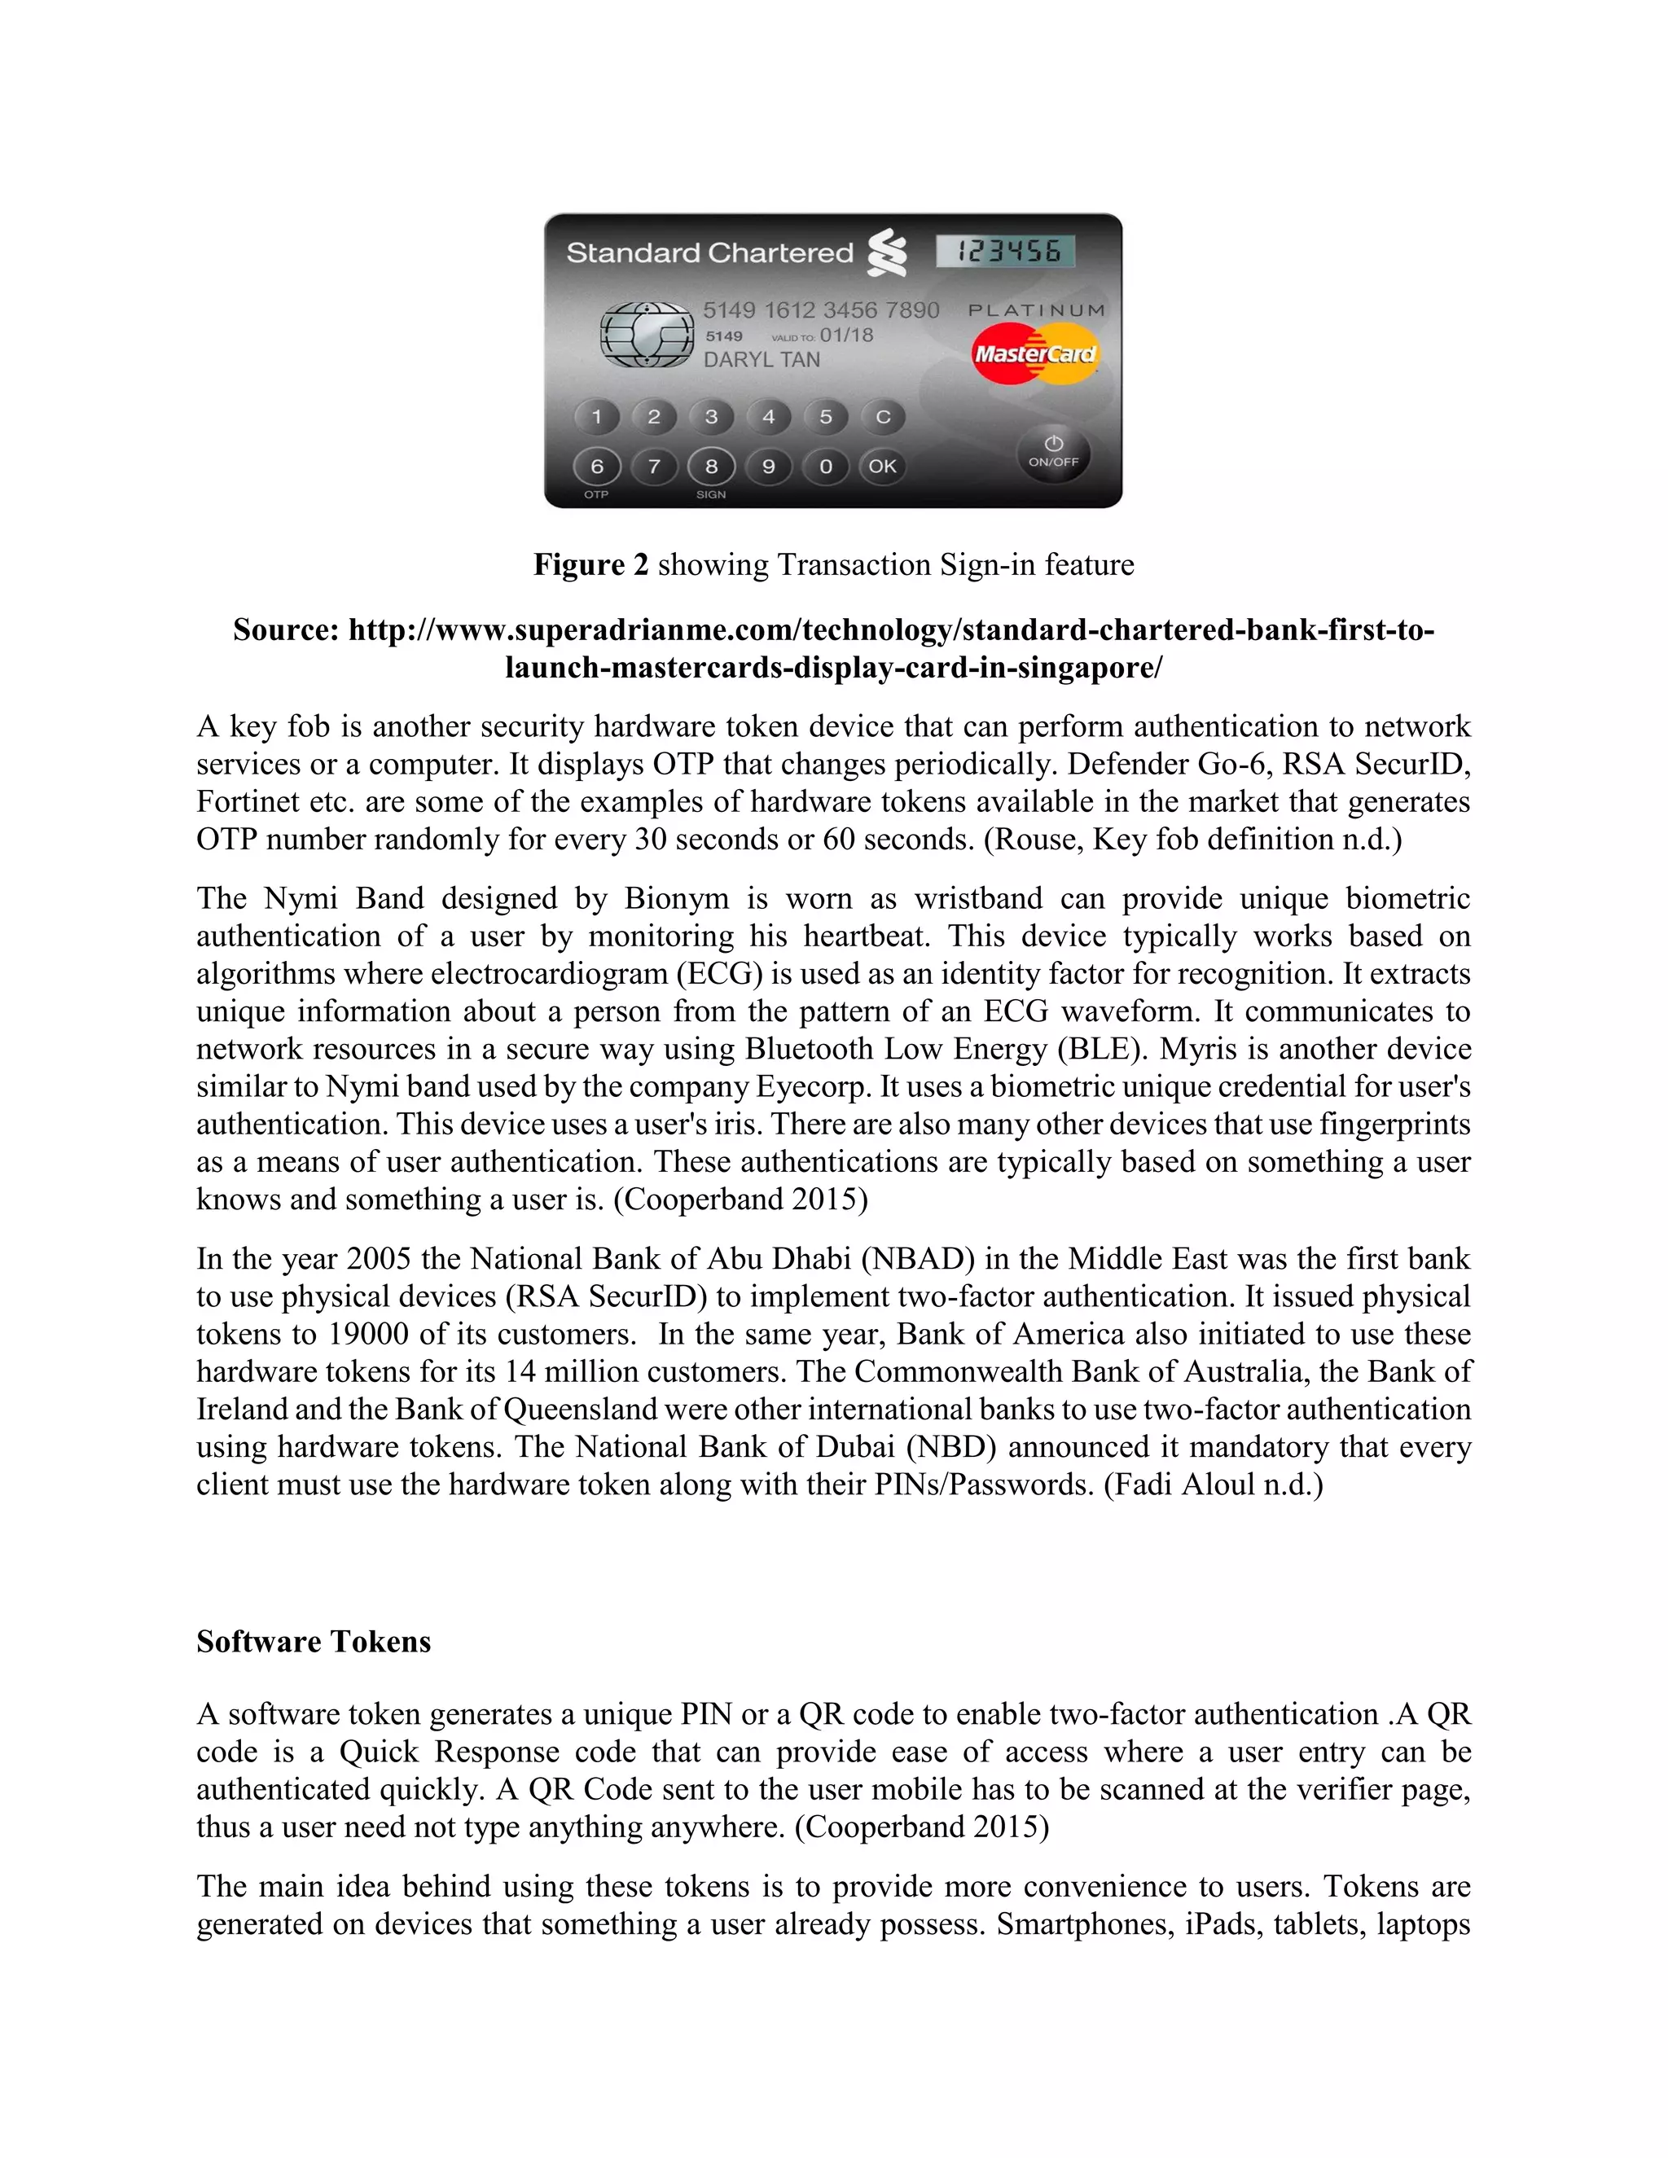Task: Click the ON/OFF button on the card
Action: click(1053, 453)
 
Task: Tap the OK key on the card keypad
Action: click(882, 467)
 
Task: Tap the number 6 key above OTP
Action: click(597, 467)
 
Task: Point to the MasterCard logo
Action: click(1034, 353)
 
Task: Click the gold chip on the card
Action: click(647, 335)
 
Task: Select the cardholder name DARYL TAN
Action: click(762, 361)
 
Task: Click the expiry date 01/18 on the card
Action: click(847, 335)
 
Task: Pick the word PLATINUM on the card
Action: click(1037, 310)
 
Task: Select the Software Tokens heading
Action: click(314, 1641)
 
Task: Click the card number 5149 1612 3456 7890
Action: click(820, 310)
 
